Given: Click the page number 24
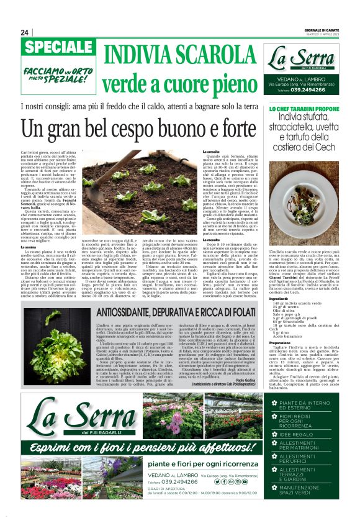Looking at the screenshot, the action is [x=25, y=32].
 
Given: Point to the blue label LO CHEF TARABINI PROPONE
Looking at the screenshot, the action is [x=304, y=109].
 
